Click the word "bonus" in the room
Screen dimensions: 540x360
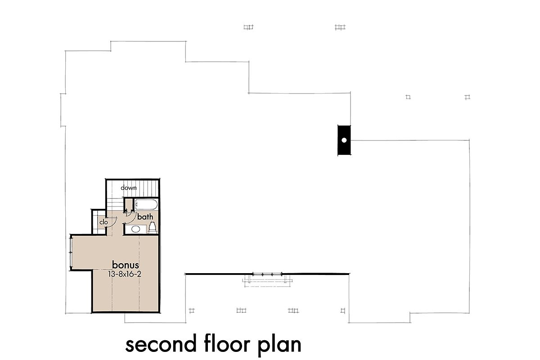pyautogui.click(x=126, y=265)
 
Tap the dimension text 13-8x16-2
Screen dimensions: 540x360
pyautogui.click(x=125, y=274)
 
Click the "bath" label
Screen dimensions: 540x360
pyautogui.click(x=145, y=217)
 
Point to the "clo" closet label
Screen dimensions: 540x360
pyautogui.click(x=103, y=222)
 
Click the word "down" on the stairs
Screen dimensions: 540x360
pyautogui.click(x=129, y=188)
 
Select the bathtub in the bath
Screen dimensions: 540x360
pyautogui.click(x=146, y=205)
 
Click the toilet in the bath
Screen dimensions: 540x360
pyautogui.click(x=152, y=227)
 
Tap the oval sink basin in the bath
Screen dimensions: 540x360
pyautogui.click(x=135, y=229)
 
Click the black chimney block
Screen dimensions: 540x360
pyautogui.click(x=344, y=140)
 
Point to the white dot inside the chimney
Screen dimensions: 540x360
pyautogui.click(x=344, y=140)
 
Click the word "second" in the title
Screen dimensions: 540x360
pyautogui.click(x=161, y=345)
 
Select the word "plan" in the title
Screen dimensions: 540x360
pyautogui.click(x=279, y=345)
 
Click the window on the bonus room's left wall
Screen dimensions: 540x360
pyautogui.click(x=71, y=252)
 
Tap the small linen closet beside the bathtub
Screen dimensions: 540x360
pyautogui.click(x=129, y=205)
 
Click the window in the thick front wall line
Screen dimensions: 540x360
pyautogui.click(x=267, y=274)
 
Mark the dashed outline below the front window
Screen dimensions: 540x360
pyautogui.click(x=267, y=281)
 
